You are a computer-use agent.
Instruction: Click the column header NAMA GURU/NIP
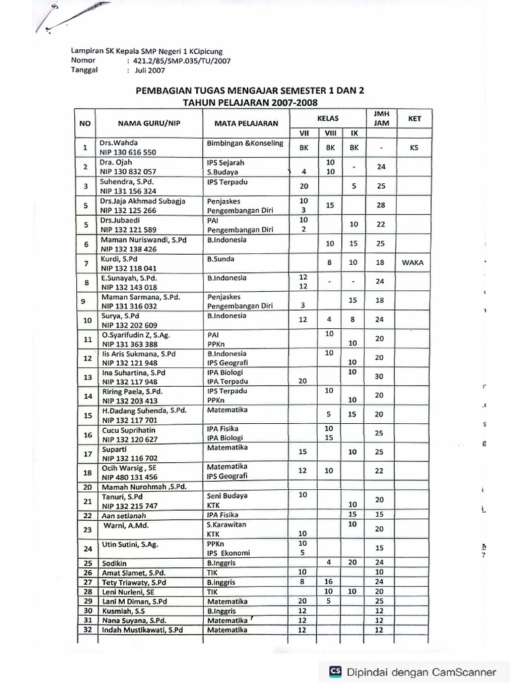coord(150,123)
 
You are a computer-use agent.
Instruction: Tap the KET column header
coord(414,119)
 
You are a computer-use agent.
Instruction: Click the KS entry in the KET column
coord(413,148)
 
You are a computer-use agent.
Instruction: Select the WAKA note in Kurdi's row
coord(411,263)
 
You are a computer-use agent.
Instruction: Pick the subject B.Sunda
coord(224,258)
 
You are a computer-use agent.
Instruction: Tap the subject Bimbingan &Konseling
coord(245,144)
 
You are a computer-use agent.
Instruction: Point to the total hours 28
coord(380,205)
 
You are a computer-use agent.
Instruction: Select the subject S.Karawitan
coord(227,524)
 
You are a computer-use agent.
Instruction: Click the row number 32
coord(86,630)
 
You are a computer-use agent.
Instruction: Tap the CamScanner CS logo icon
coord(335,671)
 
